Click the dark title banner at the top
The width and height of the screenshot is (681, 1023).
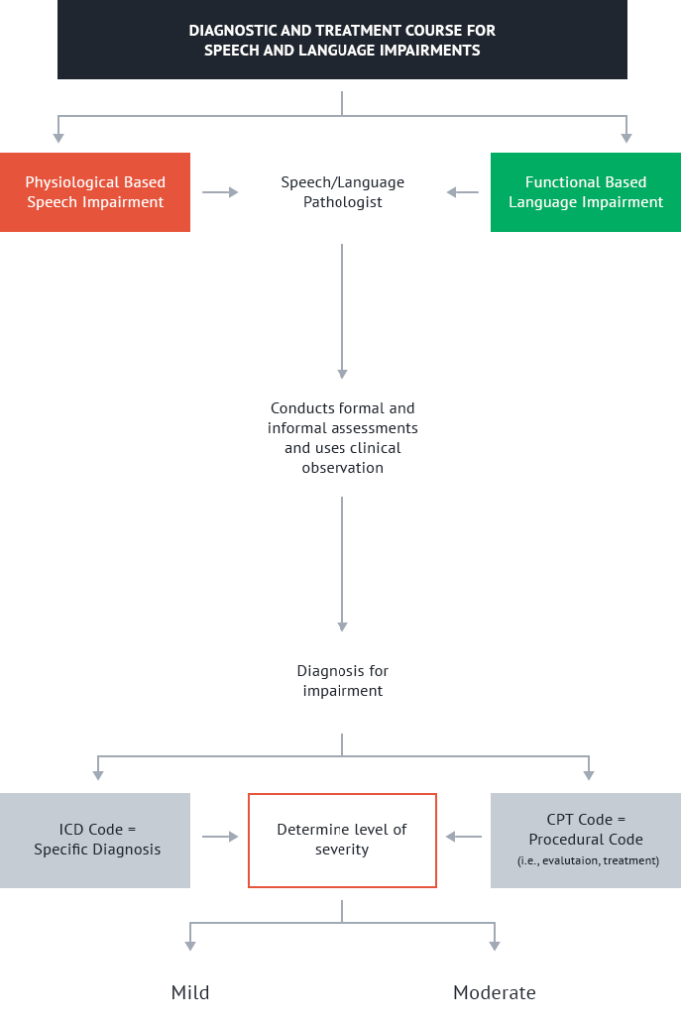coord(341,40)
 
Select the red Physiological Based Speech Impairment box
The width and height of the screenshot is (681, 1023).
coord(95,192)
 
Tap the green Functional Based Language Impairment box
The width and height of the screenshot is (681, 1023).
coord(585,192)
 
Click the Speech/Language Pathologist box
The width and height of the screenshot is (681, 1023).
coord(341,192)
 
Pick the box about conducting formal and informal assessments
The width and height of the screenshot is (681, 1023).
coord(341,437)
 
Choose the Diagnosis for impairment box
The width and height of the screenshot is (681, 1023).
coord(341,681)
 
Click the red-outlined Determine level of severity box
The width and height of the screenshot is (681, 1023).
coord(341,840)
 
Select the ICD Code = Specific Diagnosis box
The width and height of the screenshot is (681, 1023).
coord(95,840)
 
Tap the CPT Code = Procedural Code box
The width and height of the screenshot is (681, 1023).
coord(585,840)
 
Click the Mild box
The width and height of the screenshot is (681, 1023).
coord(190,992)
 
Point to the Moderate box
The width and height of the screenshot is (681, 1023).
coord(494,992)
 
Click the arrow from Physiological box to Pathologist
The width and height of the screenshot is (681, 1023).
coord(220,192)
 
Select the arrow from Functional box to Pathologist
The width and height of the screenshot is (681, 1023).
coord(463,192)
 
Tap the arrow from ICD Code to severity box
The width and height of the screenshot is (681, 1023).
coord(220,836)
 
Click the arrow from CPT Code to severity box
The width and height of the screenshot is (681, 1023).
coord(463,836)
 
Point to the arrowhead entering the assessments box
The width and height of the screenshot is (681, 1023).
coord(341,374)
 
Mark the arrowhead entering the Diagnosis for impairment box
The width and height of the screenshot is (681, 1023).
coord(341,627)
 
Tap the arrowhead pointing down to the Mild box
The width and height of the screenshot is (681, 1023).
coord(190,945)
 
